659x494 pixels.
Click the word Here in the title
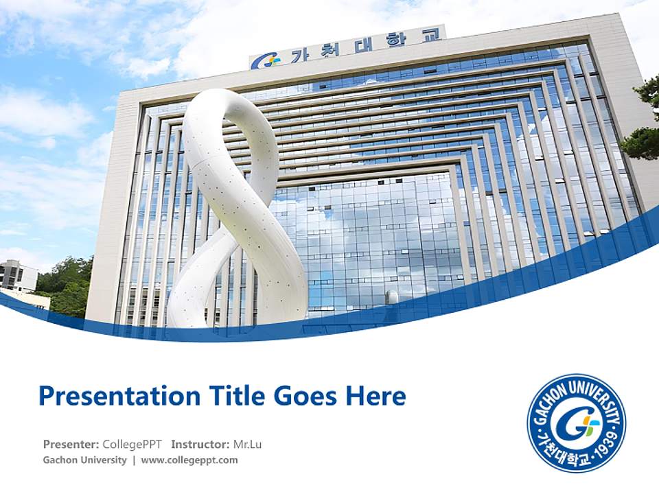pyautogui.click(x=378, y=396)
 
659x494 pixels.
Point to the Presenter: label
pyautogui.click(x=71, y=444)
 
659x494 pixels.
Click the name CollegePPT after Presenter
pyautogui.click(x=132, y=444)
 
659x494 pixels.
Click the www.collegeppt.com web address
pyautogui.click(x=189, y=460)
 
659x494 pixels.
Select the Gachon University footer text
pyautogui.click(x=84, y=460)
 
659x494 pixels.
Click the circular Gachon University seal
pyautogui.click(x=577, y=423)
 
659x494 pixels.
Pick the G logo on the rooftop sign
pyautogui.click(x=265, y=61)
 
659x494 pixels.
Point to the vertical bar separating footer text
pyautogui.click(x=134, y=460)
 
